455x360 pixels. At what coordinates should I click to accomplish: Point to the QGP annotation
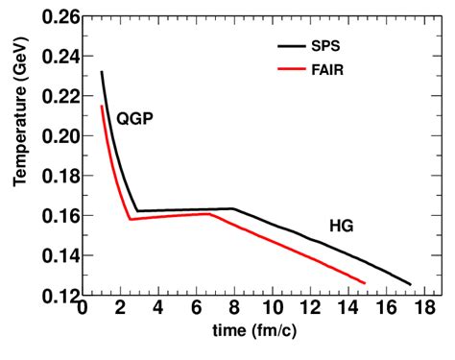pyautogui.click(x=135, y=119)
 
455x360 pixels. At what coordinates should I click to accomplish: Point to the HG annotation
pyautogui.click(x=340, y=226)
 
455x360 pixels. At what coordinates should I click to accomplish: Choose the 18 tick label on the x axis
pyautogui.click(x=422, y=309)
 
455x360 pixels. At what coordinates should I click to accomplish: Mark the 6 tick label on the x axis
pyautogui.click(x=196, y=309)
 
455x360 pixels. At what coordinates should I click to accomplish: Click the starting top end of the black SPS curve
pyautogui.click(x=101, y=72)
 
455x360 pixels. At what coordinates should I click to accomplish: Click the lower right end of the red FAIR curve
pyautogui.click(x=365, y=282)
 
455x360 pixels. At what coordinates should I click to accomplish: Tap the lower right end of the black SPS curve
pyautogui.click(x=410, y=284)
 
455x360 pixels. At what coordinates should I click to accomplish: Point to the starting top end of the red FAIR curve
pyautogui.click(x=101, y=106)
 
